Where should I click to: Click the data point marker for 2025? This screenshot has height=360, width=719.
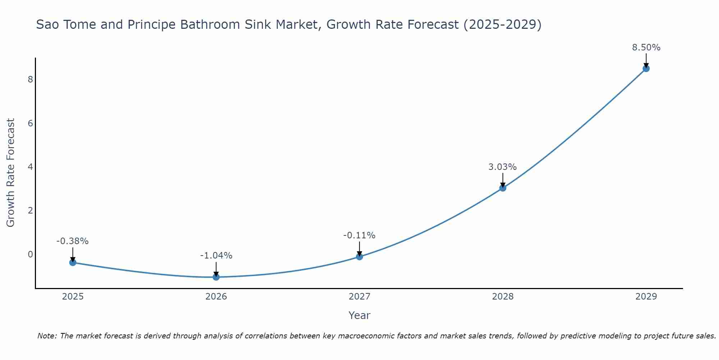click(73, 262)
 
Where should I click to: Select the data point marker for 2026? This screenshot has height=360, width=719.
click(216, 277)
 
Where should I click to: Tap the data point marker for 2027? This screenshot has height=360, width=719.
click(359, 257)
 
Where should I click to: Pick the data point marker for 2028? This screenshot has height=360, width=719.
click(503, 188)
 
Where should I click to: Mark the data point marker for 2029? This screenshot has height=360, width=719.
click(646, 68)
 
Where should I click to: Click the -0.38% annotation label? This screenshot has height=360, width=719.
click(73, 241)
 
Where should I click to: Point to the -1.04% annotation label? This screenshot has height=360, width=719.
click(216, 256)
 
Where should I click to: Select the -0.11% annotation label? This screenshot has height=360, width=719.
click(359, 235)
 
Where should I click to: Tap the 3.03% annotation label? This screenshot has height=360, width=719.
click(503, 167)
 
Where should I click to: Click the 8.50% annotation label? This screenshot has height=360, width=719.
click(646, 48)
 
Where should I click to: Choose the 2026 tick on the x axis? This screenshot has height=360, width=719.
click(216, 297)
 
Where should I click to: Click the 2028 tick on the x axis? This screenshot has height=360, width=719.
click(503, 297)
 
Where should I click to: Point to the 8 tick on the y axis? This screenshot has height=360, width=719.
click(30, 80)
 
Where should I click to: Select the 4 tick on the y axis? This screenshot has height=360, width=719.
click(30, 167)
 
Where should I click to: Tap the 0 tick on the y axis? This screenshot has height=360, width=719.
click(30, 255)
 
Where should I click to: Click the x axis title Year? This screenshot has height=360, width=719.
click(359, 315)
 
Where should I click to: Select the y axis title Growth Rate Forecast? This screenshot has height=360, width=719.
click(11, 173)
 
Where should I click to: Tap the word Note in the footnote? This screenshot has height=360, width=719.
click(47, 336)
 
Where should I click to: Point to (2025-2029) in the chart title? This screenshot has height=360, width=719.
click(502, 24)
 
